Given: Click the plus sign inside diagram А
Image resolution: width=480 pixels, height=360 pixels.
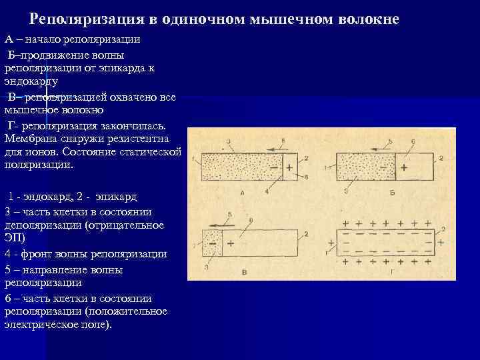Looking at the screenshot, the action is (289, 168).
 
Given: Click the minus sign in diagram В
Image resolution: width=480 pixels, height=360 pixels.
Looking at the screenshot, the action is (213, 244).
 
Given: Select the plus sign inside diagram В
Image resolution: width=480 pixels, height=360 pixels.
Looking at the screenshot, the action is (230, 244).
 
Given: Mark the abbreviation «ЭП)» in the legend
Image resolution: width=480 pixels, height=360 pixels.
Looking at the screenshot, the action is (14, 237).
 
